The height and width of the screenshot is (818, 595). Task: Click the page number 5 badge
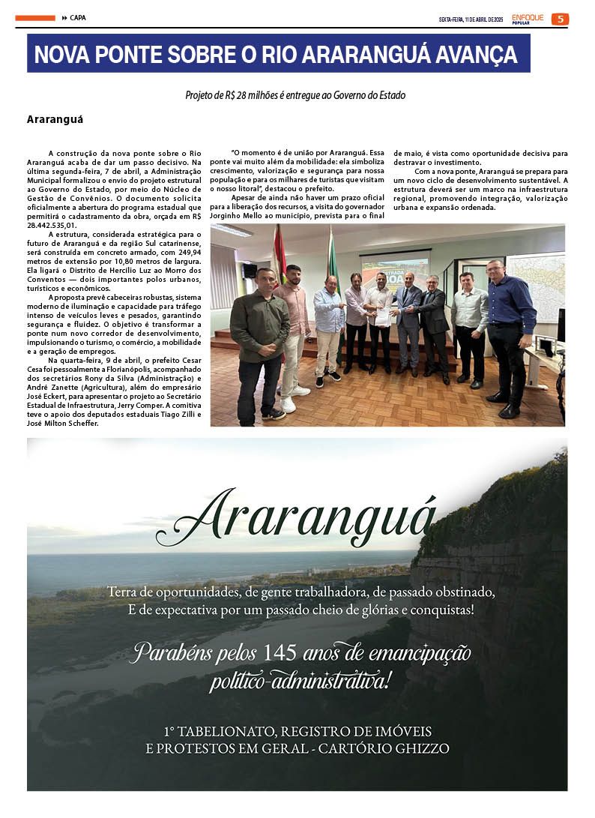[x=560, y=19]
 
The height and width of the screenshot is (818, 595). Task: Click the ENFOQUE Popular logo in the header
[x=528, y=18]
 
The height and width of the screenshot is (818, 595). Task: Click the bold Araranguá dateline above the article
[x=55, y=119]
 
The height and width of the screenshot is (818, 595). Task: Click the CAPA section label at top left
[x=78, y=17]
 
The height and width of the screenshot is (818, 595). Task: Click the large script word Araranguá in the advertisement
[x=296, y=517]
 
